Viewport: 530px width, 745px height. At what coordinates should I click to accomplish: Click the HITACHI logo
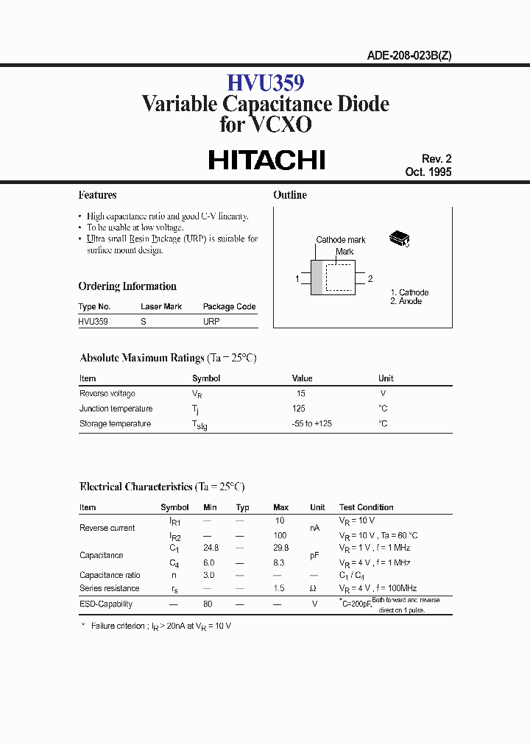(x=266, y=160)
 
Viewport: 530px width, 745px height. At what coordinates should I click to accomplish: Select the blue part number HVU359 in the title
(x=265, y=81)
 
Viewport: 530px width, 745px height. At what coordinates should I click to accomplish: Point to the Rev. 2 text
(x=437, y=159)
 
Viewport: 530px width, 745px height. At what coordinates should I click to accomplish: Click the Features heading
(x=97, y=195)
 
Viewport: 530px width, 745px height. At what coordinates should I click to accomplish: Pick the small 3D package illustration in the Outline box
(x=400, y=238)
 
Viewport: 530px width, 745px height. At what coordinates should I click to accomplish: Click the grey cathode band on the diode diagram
(x=317, y=278)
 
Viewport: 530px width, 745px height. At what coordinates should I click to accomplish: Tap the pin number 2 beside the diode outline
(x=370, y=279)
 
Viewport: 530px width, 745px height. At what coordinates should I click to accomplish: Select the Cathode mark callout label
(x=341, y=240)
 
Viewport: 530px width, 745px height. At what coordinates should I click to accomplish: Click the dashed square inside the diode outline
(x=339, y=278)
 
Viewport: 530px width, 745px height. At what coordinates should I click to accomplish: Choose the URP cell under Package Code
(x=211, y=321)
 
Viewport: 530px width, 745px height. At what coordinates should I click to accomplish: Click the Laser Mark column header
(x=161, y=306)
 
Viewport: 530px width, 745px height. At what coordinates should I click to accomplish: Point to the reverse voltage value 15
(x=300, y=394)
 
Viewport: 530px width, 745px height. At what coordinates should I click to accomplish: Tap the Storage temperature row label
(x=115, y=423)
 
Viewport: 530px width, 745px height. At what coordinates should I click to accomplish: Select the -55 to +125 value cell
(x=313, y=423)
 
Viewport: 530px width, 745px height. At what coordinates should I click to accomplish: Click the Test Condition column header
(x=366, y=507)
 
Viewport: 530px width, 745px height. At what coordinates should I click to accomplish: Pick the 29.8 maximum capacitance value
(x=280, y=548)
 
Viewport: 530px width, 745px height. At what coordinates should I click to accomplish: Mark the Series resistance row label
(x=109, y=588)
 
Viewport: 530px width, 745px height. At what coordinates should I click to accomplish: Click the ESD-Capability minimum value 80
(x=208, y=604)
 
